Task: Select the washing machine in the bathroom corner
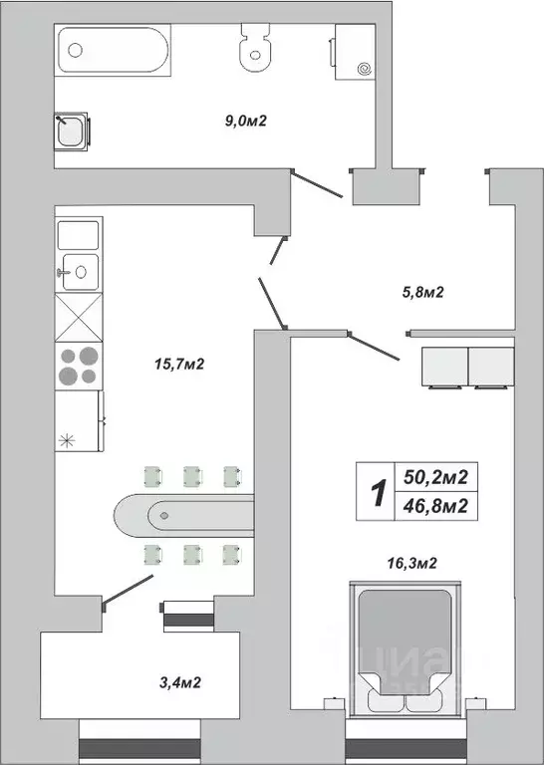tap(354, 51)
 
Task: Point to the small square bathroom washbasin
tap(73, 130)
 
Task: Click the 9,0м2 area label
tap(247, 122)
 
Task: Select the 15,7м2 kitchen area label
tap(180, 366)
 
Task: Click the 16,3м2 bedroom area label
tap(412, 563)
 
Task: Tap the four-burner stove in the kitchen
tap(80, 366)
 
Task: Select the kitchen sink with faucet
tap(79, 270)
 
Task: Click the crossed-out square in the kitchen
tap(79, 318)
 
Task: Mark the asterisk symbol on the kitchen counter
tap(69, 441)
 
